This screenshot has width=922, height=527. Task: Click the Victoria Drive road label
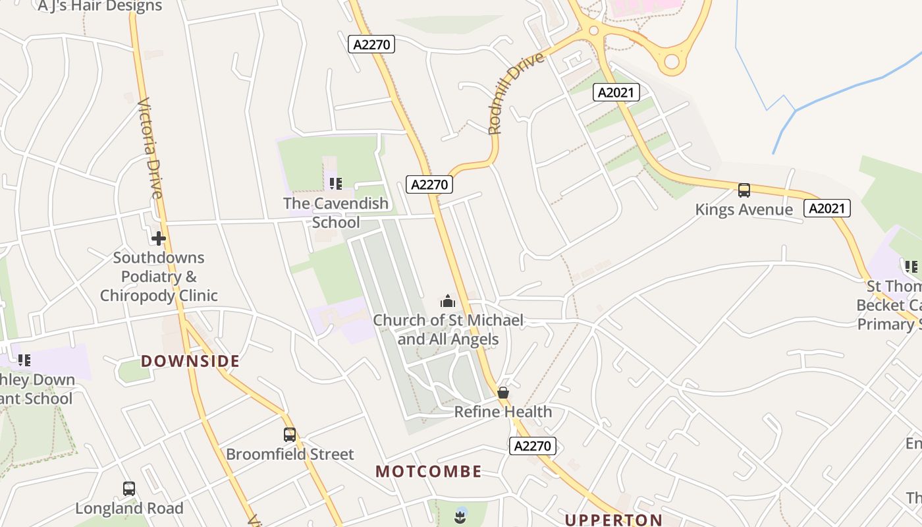(x=149, y=148)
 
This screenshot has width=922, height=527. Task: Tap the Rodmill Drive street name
(x=516, y=93)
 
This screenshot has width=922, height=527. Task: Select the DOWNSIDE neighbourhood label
(x=190, y=361)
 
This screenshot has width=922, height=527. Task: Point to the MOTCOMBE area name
(x=429, y=472)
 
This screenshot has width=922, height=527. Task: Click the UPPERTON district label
(x=614, y=520)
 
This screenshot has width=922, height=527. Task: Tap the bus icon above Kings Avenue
(x=744, y=190)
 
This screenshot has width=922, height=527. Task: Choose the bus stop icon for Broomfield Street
(x=290, y=435)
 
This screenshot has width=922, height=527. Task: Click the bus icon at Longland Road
(x=129, y=489)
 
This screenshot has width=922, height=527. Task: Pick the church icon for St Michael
(x=448, y=302)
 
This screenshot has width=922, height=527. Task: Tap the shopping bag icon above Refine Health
(x=503, y=393)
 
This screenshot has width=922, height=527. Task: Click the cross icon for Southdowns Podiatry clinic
(x=159, y=238)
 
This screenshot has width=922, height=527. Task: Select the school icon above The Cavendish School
(x=336, y=184)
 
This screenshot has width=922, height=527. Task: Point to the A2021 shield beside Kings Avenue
(x=827, y=209)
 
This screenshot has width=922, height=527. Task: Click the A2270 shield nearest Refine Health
(x=533, y=446)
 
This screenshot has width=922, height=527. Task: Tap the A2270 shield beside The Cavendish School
(x=429, y=184)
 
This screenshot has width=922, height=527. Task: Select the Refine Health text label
(x=503, y=412)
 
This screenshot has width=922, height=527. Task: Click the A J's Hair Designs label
(x=100, y=7)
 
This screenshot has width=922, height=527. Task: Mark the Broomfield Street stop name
(x=290, y=455)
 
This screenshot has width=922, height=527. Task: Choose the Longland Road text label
(x=129, y=509)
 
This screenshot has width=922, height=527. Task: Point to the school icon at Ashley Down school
(x=24, y=360)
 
